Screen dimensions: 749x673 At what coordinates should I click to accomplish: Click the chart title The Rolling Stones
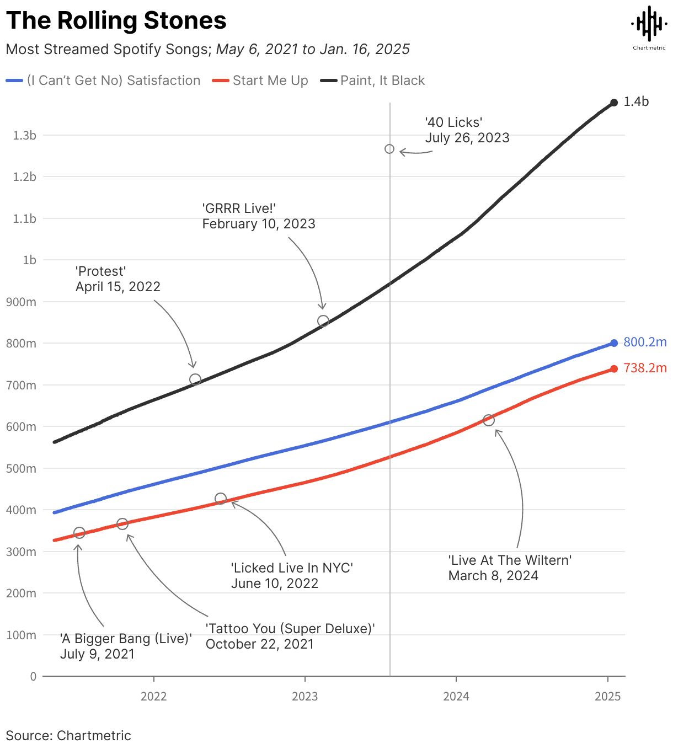[x=116, y=21]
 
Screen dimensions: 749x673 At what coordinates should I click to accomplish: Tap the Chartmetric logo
[x=649, y=26]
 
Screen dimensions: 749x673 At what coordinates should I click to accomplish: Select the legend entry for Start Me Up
[x=270, y=81]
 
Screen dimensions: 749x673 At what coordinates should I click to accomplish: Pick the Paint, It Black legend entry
[x=382, y=81]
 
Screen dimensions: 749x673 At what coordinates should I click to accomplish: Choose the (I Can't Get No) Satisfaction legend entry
[x=113, y=81]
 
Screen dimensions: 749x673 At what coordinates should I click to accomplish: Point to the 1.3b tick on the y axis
[x=25, y=136]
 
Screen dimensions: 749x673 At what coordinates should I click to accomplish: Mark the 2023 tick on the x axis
[x=305, y=696]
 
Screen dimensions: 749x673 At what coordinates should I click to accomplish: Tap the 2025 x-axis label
[x=607, y=696]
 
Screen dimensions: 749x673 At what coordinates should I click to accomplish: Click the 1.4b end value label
[x=636, y=102]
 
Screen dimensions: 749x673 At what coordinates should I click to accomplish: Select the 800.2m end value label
[x=645, y=343]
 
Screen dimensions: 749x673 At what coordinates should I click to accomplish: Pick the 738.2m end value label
[x=645, y=368]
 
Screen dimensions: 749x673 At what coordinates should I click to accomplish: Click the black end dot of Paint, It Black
[x=614, y=103]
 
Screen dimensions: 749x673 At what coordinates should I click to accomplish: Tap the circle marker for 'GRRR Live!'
[x=323, y=321]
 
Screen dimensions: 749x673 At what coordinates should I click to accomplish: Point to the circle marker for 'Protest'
[x=195, y=379]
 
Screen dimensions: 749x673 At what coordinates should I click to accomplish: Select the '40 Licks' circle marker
[x=389, y=149]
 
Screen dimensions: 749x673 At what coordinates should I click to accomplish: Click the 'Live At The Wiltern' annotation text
[x=509, y=568]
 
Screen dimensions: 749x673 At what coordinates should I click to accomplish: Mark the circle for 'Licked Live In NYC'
[x=221, y=499]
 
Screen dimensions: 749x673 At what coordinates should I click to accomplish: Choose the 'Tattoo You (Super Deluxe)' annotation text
[x=290, y=636]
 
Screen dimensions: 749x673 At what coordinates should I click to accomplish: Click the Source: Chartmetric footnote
[x=68, y=736]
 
